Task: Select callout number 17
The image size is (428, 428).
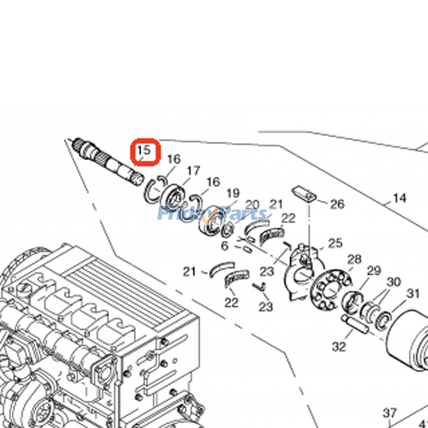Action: [193, 171]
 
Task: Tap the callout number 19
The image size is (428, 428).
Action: [233, 193]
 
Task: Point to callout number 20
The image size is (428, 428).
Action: [253, 205]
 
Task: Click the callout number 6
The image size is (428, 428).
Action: [225, 246]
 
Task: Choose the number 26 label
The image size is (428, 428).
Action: [337, 204]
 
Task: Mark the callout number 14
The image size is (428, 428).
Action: [399, 198]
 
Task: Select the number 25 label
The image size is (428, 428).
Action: [335, 243]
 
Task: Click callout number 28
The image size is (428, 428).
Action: [354, 259]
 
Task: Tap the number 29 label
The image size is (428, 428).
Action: [373, 271]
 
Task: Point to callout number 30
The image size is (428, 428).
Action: [394, 282]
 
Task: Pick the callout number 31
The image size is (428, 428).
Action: [413, 293]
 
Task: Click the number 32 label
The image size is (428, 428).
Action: [339, 347]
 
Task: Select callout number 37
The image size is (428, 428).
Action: [390, 413]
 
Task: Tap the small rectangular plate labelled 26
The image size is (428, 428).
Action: [302, 193]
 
